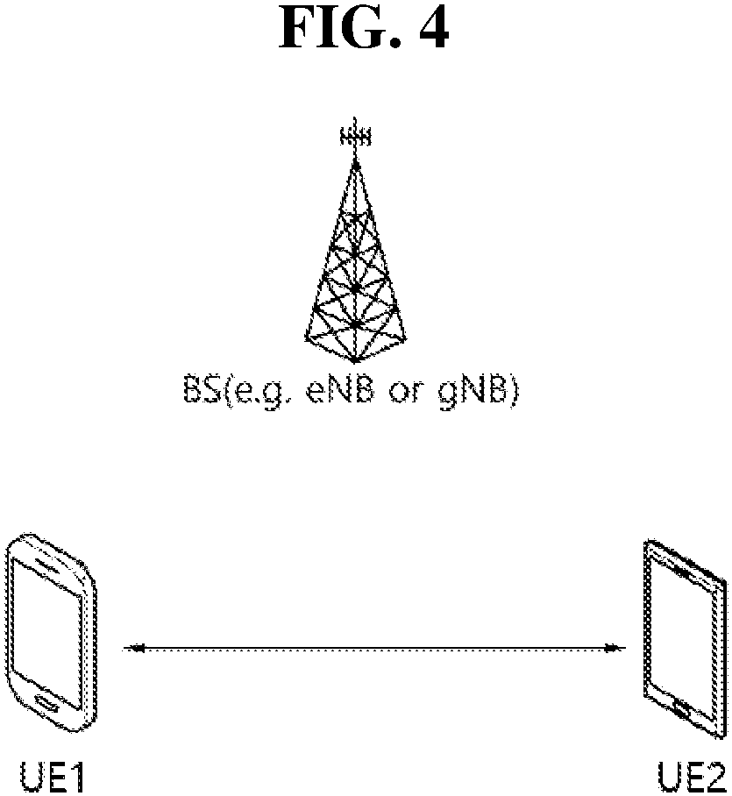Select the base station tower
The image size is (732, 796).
[354, 263]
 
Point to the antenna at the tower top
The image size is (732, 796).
[354, 137]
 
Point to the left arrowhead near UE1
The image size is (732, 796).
[132, 650]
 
